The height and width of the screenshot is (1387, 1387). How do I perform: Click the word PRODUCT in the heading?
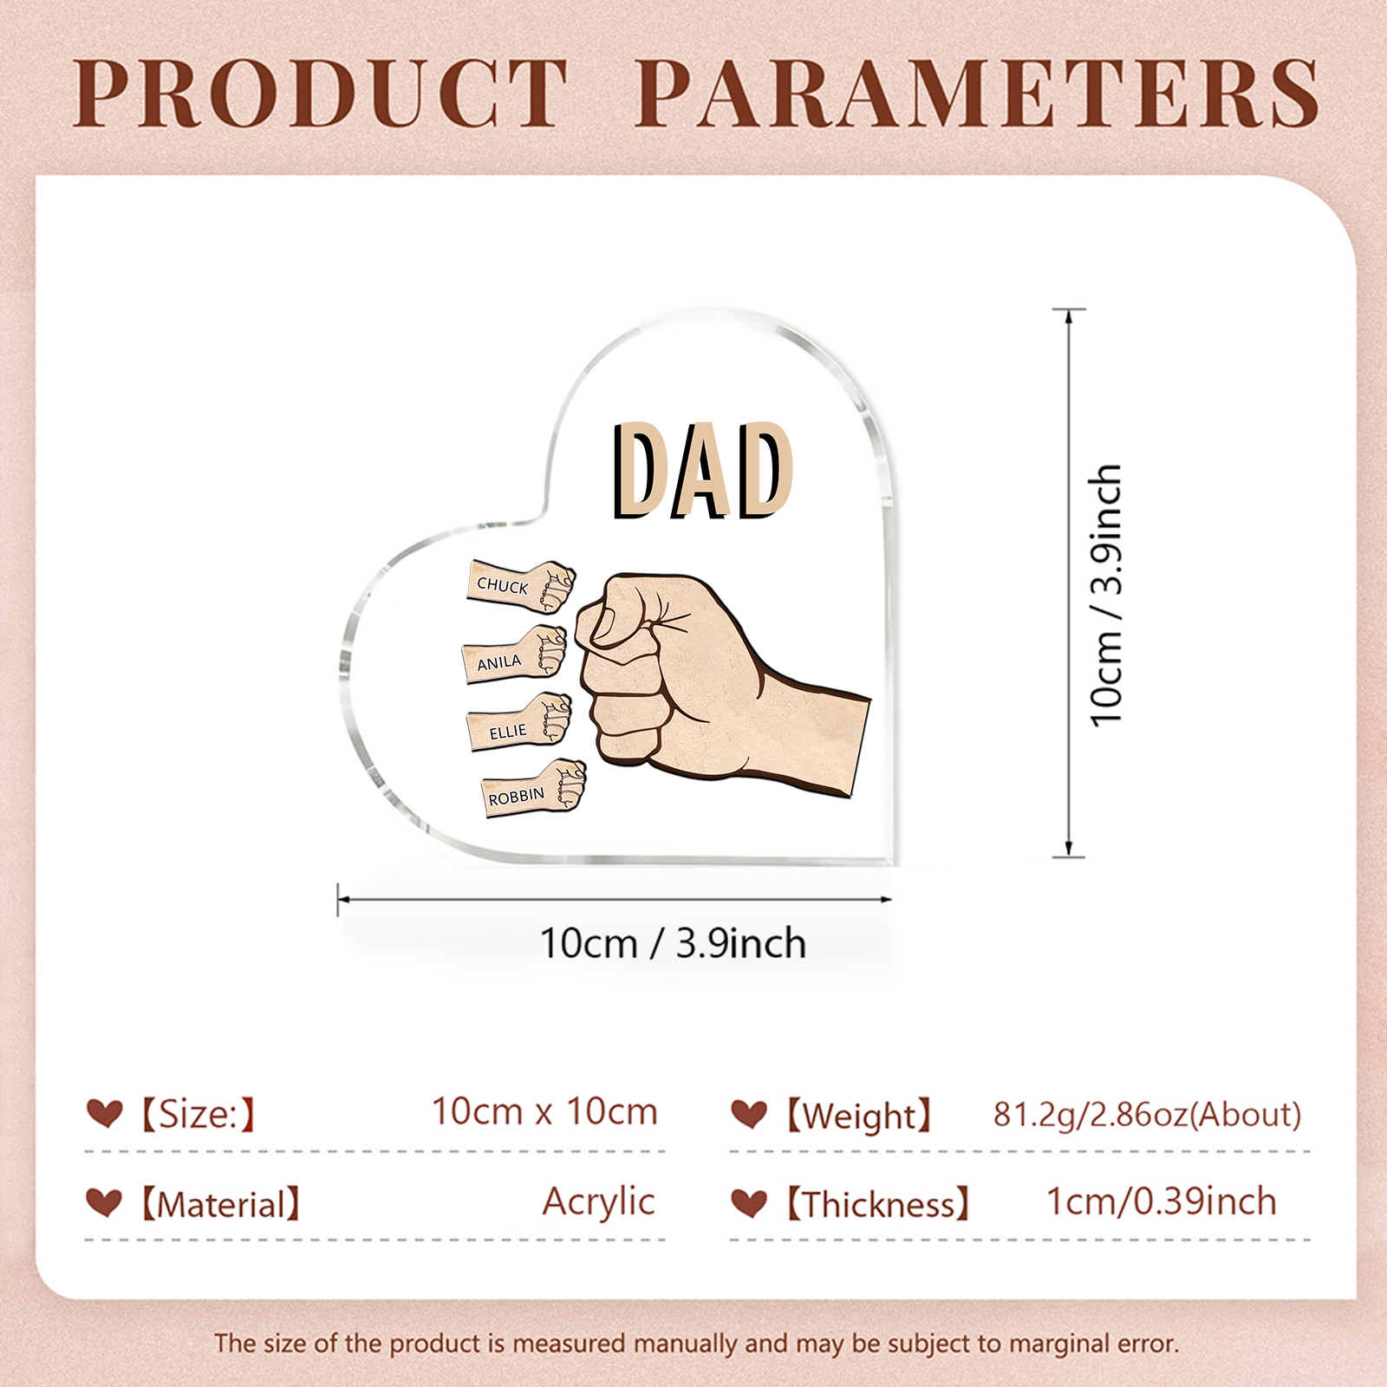tap(321, 93)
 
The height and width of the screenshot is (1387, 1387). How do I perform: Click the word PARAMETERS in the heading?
tap(978, 93)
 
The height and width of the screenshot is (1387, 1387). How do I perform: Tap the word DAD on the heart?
tap(702, 471)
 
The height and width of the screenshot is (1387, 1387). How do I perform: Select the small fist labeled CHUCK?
tap(521, 586)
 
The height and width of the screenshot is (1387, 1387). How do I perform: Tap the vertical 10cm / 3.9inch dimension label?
tap(1107, 595)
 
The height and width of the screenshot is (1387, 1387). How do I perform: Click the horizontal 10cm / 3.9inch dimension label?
tap(673, 943)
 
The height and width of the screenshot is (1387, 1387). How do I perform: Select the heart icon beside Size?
tap(104, 1112)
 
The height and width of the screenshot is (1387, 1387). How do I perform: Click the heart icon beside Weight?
tap(749, 1114)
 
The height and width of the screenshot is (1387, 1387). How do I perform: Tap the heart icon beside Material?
tap(104, 1202)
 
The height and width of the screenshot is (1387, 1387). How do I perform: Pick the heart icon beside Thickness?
tap(749, 1203)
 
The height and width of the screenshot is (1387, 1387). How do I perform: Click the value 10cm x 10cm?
tap(544, 1111)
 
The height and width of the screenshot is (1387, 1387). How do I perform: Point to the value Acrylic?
tap(598, 1201)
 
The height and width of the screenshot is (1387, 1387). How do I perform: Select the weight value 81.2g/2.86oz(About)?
tap(1147, 1114)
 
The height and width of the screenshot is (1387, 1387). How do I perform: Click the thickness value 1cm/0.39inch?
tap(1161, 1201)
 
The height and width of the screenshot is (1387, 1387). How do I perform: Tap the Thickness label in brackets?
tap(877, 1204)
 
